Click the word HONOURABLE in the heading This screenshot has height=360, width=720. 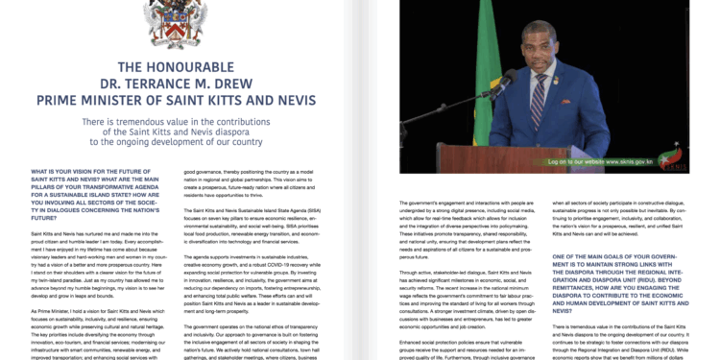188,67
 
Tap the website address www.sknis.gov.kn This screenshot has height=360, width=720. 597,162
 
